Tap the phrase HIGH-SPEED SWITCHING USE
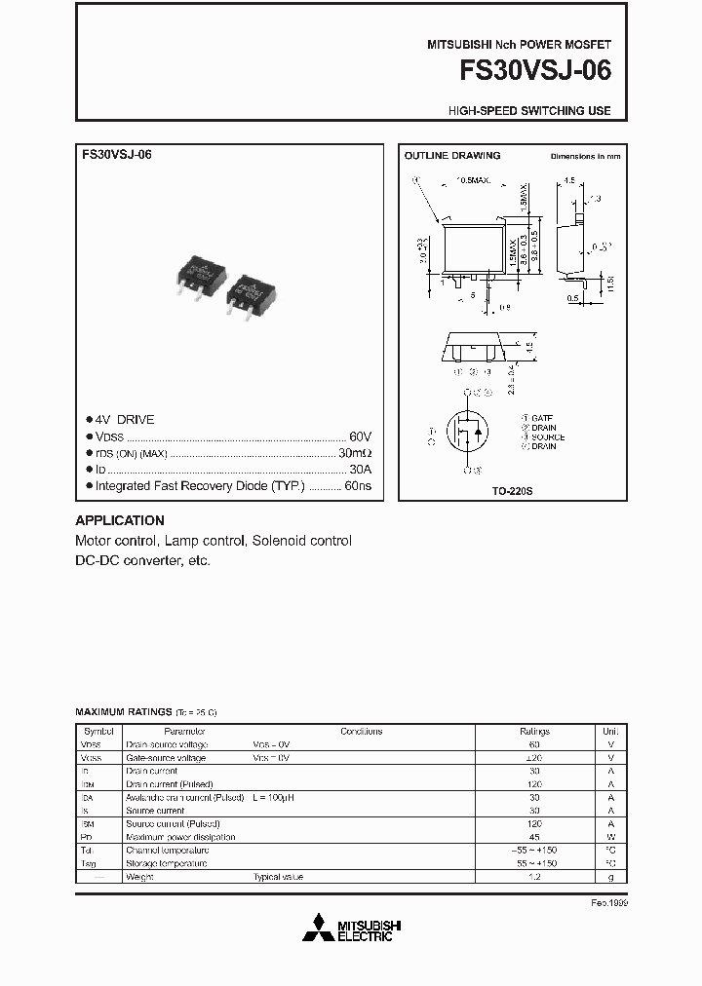(529, 111)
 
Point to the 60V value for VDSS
(360, 436)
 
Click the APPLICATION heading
(120, 520)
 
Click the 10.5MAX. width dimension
(476, 180)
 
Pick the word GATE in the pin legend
(544, 418)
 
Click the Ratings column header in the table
(534, 731)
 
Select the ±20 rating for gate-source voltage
(534, 757)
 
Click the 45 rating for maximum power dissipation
(534, 837)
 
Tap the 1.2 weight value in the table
(534, 877)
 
